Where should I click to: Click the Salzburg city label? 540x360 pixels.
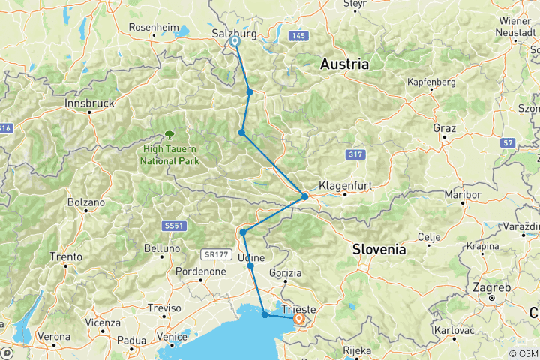(x=235, y=34)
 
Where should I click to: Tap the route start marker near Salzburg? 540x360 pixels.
(x=235, y=42)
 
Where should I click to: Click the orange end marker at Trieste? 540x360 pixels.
(x=298, y=319)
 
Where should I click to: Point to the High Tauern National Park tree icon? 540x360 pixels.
(x=169, y=134)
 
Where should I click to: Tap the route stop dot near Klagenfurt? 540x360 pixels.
(x=304, y=196)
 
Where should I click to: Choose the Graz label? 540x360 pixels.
(x=444, y=128)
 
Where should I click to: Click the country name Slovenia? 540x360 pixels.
(x=379, y=248)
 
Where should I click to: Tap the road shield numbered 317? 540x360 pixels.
(x=356, y=154)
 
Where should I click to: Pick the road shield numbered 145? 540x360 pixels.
(x=300, y=35)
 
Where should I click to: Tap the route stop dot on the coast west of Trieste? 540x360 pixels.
(x=265, y=315)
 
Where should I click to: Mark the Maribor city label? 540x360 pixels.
(x=463, y=194)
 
